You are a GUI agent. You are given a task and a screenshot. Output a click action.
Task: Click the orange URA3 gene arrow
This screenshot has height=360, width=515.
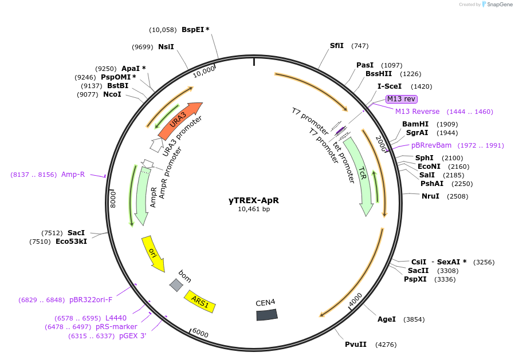click(x=179, y=122)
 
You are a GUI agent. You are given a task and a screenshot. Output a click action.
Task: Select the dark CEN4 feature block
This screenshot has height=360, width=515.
click(x=266, y=314)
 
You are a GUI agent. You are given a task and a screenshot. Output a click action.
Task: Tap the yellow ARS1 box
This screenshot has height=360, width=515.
click(x=199, y=301)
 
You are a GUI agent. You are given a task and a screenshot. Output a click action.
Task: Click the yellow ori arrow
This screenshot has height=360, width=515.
click(x=152, y=253)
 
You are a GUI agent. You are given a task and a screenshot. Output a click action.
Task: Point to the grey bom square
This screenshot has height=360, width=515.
click(x=176, y=284)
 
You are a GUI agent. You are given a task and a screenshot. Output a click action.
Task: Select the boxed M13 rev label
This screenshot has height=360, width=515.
click(x=401, y=99)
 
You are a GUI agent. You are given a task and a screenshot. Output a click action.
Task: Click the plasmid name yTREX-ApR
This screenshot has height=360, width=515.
click(x=254, y=200)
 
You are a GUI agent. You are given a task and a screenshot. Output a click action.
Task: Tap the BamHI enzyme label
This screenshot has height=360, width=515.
click(x=415, y=124)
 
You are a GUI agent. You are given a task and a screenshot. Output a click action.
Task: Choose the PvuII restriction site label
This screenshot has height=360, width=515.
click(x=355, y=345)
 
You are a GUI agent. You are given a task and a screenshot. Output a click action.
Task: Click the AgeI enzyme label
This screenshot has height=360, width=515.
click(x=386, y=319)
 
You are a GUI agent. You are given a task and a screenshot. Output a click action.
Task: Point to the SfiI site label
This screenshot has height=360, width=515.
click(x=336, y=46)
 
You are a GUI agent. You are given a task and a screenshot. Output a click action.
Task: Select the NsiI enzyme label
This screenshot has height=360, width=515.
click(x=166, y=47)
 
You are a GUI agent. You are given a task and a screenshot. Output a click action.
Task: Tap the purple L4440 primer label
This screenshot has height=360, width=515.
click(x=116, y=318)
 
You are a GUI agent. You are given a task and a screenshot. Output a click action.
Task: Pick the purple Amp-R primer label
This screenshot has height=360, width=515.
click(x=73, y=175)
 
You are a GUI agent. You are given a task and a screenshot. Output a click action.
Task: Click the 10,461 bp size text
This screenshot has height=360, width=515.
click(x=254, y=209)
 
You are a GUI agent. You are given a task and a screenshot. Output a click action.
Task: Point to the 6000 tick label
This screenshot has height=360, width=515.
click(x=200, y=333)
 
